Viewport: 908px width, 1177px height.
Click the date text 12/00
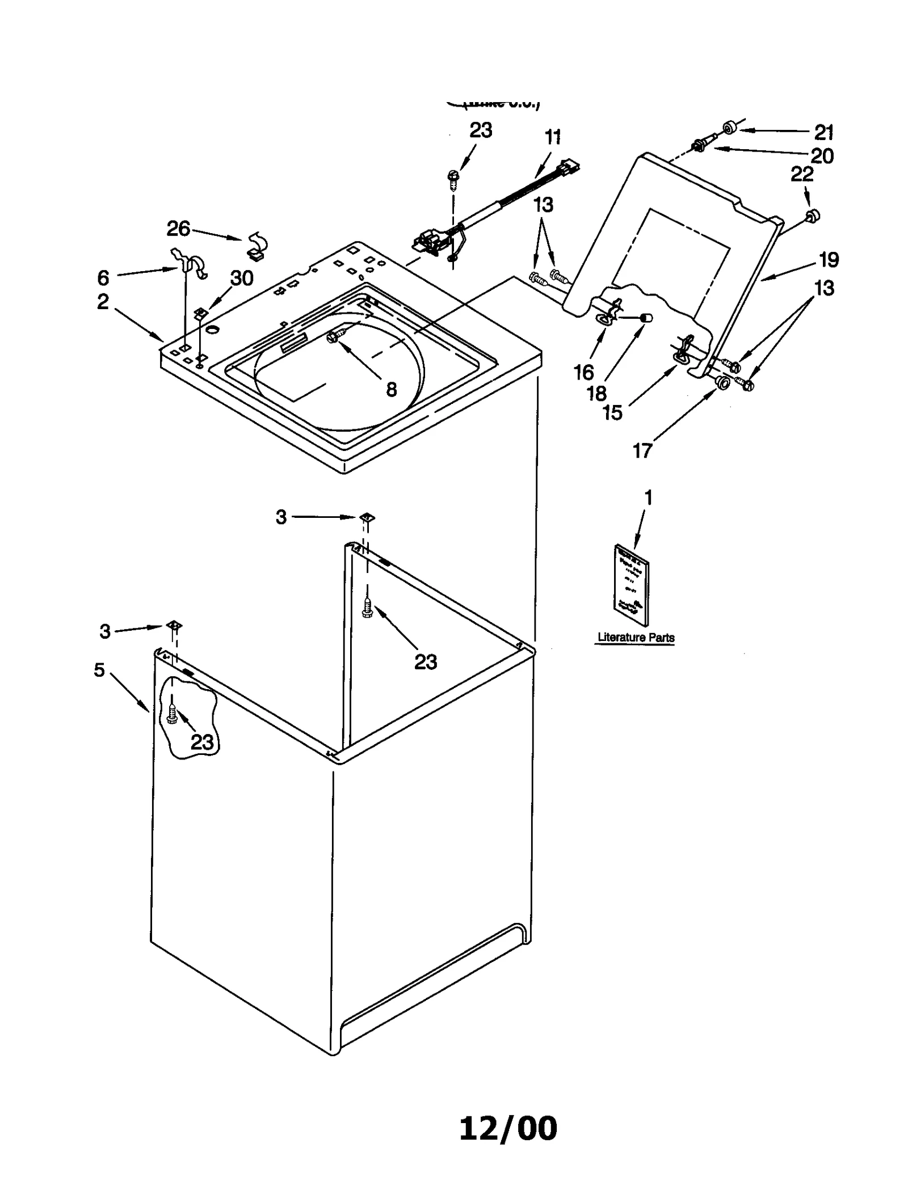click(x=507, y=1128)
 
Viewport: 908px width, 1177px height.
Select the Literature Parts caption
click(x=636, y=638)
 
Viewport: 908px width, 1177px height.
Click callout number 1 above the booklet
click(x=648, y=498)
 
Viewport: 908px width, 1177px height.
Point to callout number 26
click(x=178, y=229)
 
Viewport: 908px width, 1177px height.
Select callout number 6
click(x=103, y=278)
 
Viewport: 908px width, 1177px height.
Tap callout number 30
click(x=241, y=279)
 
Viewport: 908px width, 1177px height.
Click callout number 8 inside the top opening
click(x=391, y=390)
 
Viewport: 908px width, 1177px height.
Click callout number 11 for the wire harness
click(x=552, y=137)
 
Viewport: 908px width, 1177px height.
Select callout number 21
click(x=824, y=133)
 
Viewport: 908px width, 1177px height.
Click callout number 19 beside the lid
click(x=829, y=260)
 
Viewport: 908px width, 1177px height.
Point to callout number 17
click(x=642, y=451)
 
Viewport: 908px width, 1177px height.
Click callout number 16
click(x=583, y=373)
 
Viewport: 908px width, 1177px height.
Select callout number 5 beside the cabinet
click(x=99, y=670)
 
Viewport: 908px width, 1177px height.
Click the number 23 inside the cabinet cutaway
click(x=201, y=742)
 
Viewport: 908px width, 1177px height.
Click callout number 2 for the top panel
click(x=103, y=302)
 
